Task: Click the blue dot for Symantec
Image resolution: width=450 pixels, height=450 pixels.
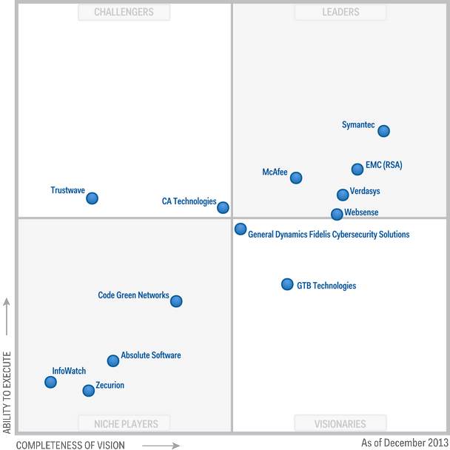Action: (x=383, y=131)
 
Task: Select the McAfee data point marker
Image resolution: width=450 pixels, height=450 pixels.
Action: (x=296, y=178)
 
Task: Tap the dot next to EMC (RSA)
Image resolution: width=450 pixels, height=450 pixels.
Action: (x=357, y=169)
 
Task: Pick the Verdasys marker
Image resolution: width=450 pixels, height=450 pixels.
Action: (x=343, y=195)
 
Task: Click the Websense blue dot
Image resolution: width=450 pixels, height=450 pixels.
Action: (x=337, y=214)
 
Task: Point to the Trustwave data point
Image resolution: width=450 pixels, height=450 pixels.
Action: (x=92, y=198)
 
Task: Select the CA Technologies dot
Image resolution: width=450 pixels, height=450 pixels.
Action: (x=223, y=208)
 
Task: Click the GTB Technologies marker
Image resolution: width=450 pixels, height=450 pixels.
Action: (x=287, y=284)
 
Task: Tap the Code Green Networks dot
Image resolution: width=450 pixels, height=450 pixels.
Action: (x=176, y=301)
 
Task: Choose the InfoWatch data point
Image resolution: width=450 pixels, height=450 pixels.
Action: (x=50, y=382)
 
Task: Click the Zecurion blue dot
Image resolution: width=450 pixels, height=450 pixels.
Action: (x=89, y=390)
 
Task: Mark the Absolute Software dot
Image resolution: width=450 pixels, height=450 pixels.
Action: (x=113, y=360)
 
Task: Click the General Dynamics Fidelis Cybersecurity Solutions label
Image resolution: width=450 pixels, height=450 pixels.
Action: (x=329, y=235)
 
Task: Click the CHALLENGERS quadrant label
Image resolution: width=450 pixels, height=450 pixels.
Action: (x=124, y=12)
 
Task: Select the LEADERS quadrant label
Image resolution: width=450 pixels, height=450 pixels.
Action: (x=341, y=12)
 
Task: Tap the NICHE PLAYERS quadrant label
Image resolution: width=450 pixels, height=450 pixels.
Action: (x=124, y=424)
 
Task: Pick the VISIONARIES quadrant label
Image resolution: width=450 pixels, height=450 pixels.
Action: (x=341, y=424)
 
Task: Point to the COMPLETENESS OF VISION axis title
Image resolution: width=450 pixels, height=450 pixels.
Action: (x=70, y=445)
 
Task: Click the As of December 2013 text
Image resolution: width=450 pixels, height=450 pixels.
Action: (x=404, y=443)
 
